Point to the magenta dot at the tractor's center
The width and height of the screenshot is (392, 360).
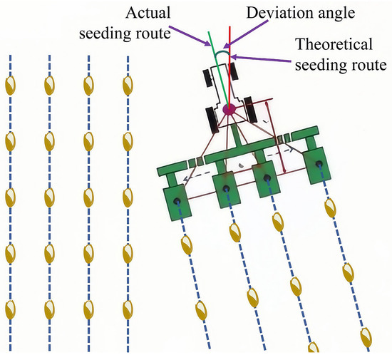click(229, 110)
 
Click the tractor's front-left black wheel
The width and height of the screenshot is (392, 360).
click(211, 75)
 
